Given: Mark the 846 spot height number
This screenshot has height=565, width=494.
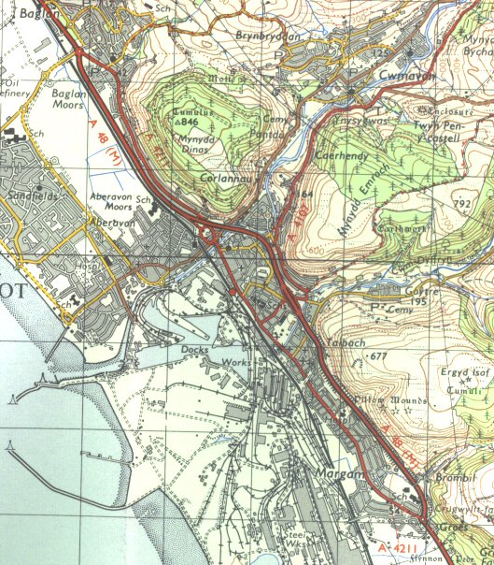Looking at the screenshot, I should (191, 122).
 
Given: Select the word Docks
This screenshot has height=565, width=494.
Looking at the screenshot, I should (192, 349).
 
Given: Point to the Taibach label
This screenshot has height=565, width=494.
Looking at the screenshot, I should (344, 342).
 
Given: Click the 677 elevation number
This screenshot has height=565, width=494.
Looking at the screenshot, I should (378, 356).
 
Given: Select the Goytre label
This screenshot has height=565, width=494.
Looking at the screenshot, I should (396, 291).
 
